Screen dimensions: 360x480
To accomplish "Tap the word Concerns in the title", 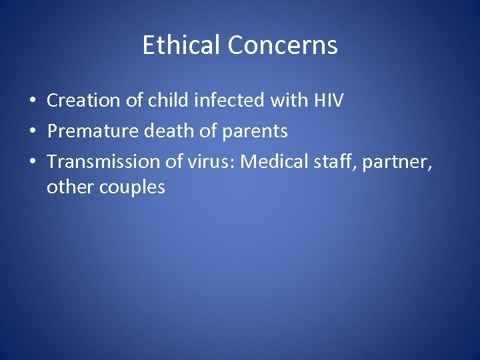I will (283, 45).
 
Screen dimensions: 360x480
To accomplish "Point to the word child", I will (165, 101).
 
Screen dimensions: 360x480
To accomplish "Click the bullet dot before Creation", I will (32, 101).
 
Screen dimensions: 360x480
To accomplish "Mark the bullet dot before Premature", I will (32, 132).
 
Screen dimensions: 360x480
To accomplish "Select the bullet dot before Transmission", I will (32, 162).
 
